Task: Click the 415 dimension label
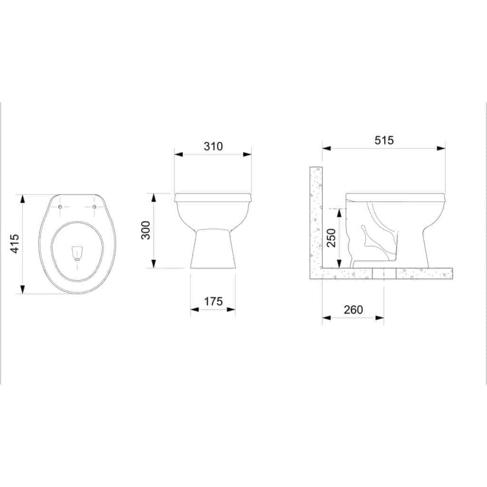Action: (15, 243)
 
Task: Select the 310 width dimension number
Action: (213, 146)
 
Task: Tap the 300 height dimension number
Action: (145, 230)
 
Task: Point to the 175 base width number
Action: (213, 301)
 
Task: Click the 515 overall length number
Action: (384, 140)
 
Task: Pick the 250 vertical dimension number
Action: (331, 238)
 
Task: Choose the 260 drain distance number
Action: (353, 310)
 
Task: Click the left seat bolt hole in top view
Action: (60, 207)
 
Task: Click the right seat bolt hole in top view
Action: (94, 207)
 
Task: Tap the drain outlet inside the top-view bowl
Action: (77, 252)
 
